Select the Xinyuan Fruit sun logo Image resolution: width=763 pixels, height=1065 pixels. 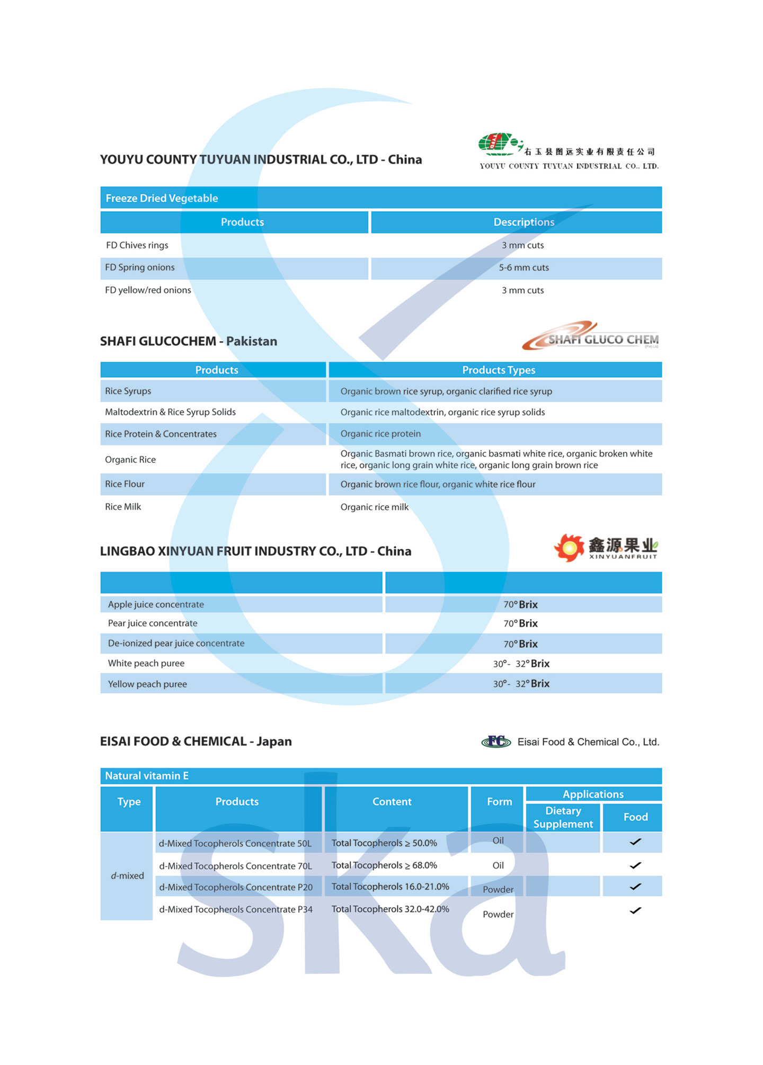click(x=569, y=548)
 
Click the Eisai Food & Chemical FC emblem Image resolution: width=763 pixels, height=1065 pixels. click(x=496, y=741)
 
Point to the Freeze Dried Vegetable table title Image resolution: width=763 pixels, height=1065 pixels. click(x=162, y=198)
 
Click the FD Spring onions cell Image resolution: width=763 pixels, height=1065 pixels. click(x=140, y=267)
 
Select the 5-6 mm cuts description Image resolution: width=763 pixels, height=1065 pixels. click(x=524, y=268)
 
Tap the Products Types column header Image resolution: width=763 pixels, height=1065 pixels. click(x=499, y=370)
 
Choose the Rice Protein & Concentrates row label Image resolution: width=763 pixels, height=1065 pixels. click(x=161, y=434)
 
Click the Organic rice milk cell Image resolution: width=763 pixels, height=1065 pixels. click(x=375, y=507)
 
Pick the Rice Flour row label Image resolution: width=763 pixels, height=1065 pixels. click(x=125, y=484)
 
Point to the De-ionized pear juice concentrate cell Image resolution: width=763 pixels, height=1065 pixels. click(x=176, y=643)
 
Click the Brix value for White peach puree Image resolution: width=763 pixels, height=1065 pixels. click(x=521, y=664)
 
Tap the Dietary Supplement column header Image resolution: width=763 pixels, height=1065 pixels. click(x=563, y=817)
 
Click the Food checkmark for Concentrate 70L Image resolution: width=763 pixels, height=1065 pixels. click(x=635, y=865)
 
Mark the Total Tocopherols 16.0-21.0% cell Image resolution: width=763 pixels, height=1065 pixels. click(x=391, y=887)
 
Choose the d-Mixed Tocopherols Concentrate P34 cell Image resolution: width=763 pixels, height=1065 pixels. click(x=236, y=909)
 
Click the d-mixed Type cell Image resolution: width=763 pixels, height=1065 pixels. click(x=127, y=876)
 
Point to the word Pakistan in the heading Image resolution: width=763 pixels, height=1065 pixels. click(x=252, y=341)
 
